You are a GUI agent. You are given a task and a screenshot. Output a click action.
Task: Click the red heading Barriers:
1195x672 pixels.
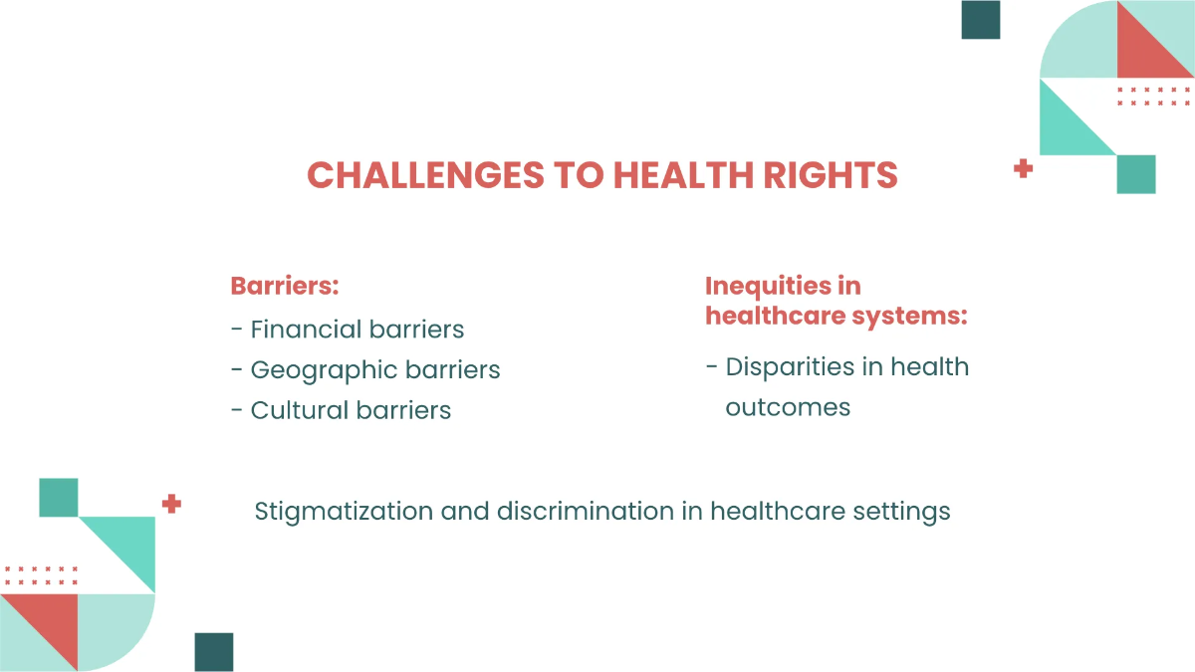pos(285,286)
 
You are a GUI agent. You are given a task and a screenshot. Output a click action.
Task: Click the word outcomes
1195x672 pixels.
pos(788,407)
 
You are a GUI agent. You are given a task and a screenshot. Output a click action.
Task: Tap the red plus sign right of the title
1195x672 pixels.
pos(1023,169)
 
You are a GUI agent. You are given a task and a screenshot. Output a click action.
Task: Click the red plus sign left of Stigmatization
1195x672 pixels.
pos(171,504)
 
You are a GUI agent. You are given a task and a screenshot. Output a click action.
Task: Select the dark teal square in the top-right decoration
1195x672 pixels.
pos(980,20)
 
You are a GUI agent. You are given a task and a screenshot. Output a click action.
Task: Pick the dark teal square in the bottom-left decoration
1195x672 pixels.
pos(214,652)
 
